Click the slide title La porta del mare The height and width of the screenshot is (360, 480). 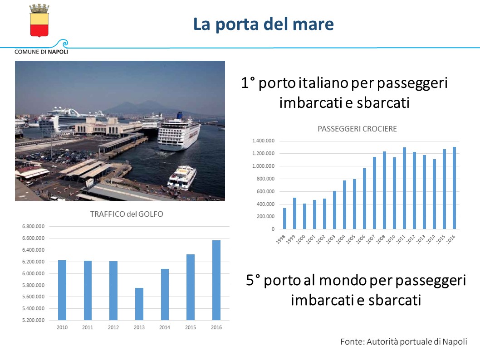(x=264, y=24)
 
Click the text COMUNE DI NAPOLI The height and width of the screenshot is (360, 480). (x=41, y=52)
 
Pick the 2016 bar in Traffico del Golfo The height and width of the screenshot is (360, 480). (x=216, y=280)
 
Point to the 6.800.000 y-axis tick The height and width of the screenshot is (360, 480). (x=34, y=226)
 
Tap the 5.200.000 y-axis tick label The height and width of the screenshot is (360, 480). (x=34, y=321)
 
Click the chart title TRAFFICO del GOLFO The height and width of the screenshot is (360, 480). (x=127, y=214)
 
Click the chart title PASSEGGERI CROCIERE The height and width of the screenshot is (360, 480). (x=357, y=129)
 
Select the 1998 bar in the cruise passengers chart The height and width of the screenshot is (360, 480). (x=284, y=219)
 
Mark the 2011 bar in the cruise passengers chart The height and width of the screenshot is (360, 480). (x=404, y=188)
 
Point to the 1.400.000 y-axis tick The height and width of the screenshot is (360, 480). (x=263, y=141)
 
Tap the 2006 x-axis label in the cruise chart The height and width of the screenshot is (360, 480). (x=362, y=239)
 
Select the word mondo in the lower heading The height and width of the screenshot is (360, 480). (x=343, y=280)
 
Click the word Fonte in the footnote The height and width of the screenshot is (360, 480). (x=351, y=341)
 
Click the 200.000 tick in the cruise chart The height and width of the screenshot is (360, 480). (x=265, y=217)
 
